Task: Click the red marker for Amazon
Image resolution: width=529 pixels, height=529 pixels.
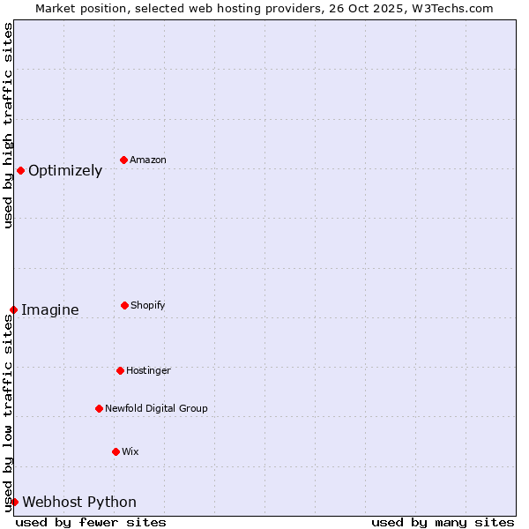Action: coord(124,160)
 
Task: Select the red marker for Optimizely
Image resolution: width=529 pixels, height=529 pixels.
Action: coord(20,170)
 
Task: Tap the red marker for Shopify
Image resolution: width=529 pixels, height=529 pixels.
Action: coord(124,305)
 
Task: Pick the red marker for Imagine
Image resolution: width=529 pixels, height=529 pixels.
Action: coord(13,309)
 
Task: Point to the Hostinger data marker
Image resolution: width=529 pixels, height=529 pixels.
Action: coord(120,370)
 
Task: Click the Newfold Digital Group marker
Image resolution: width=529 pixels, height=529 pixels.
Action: coord(99,408)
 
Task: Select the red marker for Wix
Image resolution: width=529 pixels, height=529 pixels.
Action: coord(115,451)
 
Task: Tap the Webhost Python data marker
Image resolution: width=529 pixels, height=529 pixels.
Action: coord(14,502)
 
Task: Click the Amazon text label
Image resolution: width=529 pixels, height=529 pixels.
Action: coord(148,160)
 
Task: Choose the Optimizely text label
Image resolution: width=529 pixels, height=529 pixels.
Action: coord(65,170)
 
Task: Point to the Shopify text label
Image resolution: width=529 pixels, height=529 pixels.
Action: coord(148,305)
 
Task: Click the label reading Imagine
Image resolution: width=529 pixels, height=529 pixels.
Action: coord(50,309)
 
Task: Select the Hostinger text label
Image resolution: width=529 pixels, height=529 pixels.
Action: coord(148,370)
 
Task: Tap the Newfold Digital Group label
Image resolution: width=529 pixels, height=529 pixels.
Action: coord(156,408)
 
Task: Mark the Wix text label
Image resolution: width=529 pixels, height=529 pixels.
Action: coord(130,451)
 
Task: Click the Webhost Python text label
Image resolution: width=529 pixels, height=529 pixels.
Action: coord(79,502)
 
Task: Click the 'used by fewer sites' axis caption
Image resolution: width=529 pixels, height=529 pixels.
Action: coord(91,522)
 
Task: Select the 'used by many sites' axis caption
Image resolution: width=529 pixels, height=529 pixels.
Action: coord(443,522)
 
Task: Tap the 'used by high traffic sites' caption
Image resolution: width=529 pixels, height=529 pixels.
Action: coord(8,125)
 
